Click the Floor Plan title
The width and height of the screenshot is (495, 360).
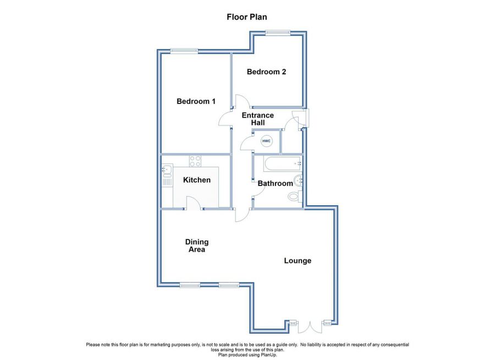pyautogui.click(x=247, y=17)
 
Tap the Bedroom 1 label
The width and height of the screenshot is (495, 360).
pyautogui.click(x=196, y=101)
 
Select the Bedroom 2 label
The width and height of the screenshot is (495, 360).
pyautogui.click(x=266, y=72)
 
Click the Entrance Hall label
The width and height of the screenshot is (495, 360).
pyautogui.click(x=257, y=119)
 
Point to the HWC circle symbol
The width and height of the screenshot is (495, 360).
pyautogui.click(x=266, y=141)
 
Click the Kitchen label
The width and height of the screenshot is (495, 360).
pyautogui.click(x=197, y=180)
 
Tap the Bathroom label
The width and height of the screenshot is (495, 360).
pyautogui.click(x=276, y=183)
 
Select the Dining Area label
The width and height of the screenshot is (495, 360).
pyautogui.click(x=197, y=246)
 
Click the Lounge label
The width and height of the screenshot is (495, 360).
pyautogui.click(x=298, y=260)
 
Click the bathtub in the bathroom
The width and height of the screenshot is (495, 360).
pyautogui.click(x=283, y=163)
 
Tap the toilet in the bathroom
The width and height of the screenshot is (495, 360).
pyautogui.click(x=295, y=197)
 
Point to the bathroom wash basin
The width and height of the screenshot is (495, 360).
pyautogui.click(x=298, y=181)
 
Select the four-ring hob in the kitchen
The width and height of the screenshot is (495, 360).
pyautogui.click(x=195, y=161)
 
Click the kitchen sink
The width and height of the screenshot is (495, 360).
pyautogui.click(x=167, y=174)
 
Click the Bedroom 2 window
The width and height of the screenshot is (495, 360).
pyautogui.click(x=278, y=32)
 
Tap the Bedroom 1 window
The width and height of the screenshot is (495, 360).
pyautogui.click(x=184, y=51)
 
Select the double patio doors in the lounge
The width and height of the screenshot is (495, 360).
pyautogui.click(x=310, y=327)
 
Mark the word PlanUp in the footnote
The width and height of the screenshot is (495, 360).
pyautogui.click(x=269, y=355)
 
